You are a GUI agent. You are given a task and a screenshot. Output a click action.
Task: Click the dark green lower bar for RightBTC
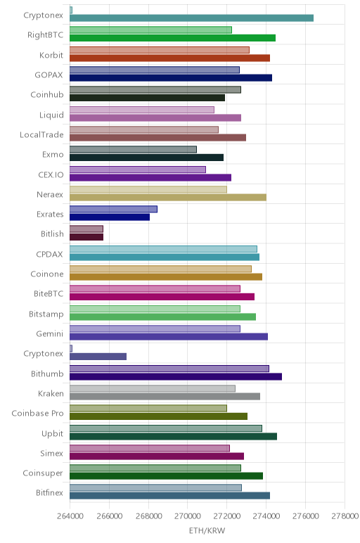[x=172, y=38]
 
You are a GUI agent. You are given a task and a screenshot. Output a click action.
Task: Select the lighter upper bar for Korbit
[x=159, y=50]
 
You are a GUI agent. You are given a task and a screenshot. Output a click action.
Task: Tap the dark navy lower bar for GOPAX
[x=171, y=78]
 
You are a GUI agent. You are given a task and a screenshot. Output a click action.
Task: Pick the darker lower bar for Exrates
[x=110, y=217]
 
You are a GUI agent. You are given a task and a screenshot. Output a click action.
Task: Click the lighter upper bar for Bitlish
[x=86, y=229]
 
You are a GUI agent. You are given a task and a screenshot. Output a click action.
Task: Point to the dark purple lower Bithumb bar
[x=176, y=376]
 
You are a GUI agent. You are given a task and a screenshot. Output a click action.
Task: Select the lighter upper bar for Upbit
[x=166, y=428]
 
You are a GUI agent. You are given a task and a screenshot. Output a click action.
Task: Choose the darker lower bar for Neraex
[x=168, y=198]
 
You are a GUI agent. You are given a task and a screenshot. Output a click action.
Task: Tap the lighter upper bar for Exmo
[x=133, y=149]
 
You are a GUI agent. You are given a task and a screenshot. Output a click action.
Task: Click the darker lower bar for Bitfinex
[x=169, y=496]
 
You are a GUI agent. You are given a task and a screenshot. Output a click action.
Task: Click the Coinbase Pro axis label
[x=37, y=413]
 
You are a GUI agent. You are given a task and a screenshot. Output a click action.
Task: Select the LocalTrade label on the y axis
[x=41, y=134]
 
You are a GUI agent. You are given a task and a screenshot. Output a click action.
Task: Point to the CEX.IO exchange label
[x=51, y=174]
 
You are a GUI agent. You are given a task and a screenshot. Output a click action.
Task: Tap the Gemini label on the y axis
[x=50, y=333]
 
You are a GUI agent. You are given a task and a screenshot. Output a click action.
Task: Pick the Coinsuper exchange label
[x=43, y=473]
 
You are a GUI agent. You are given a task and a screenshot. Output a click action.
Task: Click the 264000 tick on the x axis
[x=70, y=516]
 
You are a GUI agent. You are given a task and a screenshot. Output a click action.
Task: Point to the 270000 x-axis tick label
[x=188, y=516]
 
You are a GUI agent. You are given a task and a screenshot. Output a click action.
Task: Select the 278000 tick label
[x=345, y=516]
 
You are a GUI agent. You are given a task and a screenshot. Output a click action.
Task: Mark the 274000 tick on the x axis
[x=266, y=516]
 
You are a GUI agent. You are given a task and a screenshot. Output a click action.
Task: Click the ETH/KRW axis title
[x=207, y=530]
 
